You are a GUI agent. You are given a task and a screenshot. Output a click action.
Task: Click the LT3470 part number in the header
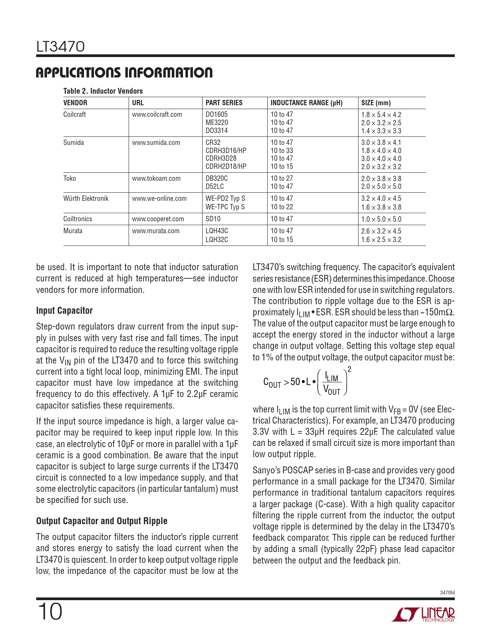(x=60, y=47)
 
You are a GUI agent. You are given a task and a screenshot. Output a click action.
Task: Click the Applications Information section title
(x=124, y=73)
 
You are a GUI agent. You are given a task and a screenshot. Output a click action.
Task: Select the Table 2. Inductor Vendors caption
(x=103, y=91)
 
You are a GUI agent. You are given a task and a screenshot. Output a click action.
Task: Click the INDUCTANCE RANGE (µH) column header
(x=306, y=103)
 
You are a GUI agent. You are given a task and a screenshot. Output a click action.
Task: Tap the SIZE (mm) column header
(x=376, y=103)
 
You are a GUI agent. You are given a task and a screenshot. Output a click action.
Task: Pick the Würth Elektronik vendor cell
(x=86, y=199)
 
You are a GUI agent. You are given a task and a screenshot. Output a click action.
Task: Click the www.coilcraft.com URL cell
(x=157, y=114)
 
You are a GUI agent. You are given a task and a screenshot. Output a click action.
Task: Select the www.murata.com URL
(x=156, y=231)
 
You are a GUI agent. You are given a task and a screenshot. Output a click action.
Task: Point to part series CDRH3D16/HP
(x=226, y=150)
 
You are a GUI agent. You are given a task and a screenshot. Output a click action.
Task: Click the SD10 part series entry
(x=213, y=219)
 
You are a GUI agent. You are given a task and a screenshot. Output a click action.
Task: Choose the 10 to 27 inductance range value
(x=282, y=178)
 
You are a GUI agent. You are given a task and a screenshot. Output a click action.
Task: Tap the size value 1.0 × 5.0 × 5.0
(x=381, y=219)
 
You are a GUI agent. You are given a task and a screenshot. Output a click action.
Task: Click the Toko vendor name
(x=70, y=178)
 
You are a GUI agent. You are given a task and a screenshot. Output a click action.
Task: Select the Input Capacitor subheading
(x=64, y=311)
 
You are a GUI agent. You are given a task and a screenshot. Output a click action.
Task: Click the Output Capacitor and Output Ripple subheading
(x=102, y=521)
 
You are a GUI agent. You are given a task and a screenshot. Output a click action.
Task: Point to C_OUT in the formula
(x=272, y=382)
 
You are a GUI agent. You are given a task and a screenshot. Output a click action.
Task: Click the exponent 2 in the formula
(x=349, y=370)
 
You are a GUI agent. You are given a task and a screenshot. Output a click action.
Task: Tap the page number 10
(x=50, y=612)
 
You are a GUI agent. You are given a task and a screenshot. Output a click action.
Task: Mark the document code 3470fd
(x=447, y=592)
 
